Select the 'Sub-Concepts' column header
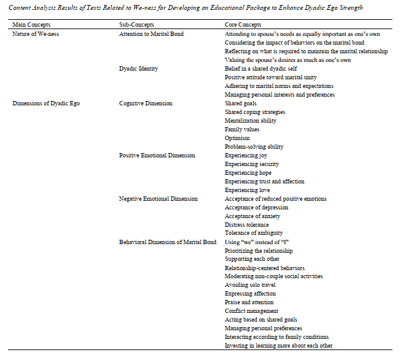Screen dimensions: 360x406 136,24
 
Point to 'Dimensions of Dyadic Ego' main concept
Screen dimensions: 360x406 46,103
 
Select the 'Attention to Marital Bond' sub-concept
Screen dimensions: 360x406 151,33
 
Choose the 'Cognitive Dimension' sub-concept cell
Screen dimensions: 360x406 145,103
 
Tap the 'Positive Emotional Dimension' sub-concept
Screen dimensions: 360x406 157,156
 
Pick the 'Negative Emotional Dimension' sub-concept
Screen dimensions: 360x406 158,199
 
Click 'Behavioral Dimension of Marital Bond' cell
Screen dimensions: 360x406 167,242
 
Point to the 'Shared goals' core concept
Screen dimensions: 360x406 240,103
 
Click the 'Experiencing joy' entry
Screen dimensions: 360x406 246,156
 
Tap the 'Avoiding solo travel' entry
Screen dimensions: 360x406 249,285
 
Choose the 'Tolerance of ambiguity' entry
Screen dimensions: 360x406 254,234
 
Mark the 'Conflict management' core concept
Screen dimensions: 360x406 251,311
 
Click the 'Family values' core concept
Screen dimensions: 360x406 242,130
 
